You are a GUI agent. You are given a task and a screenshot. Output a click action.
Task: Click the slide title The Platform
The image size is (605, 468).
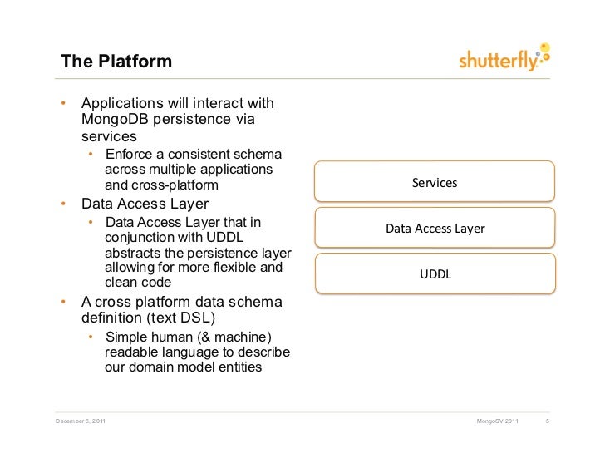point(116,62)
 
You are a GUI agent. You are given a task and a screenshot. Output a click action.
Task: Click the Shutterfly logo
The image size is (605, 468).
point(504,59)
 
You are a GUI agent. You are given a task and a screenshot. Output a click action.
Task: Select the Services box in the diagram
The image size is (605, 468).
point(434,182)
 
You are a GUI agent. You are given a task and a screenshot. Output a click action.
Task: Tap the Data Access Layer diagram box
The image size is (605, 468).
point(434,229)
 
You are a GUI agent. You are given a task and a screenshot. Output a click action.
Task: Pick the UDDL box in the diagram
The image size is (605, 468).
point(434,274)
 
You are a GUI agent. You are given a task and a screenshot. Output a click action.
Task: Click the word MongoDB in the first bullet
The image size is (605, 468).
point(117,120)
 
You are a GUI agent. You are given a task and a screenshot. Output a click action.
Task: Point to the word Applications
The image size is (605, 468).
point(125,104)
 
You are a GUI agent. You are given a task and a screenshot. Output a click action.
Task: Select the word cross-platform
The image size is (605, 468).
point(162,185)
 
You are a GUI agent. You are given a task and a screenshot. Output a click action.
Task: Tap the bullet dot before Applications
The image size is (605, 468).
point(61,105)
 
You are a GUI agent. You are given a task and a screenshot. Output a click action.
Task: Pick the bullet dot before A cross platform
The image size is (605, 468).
point(61,302)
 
